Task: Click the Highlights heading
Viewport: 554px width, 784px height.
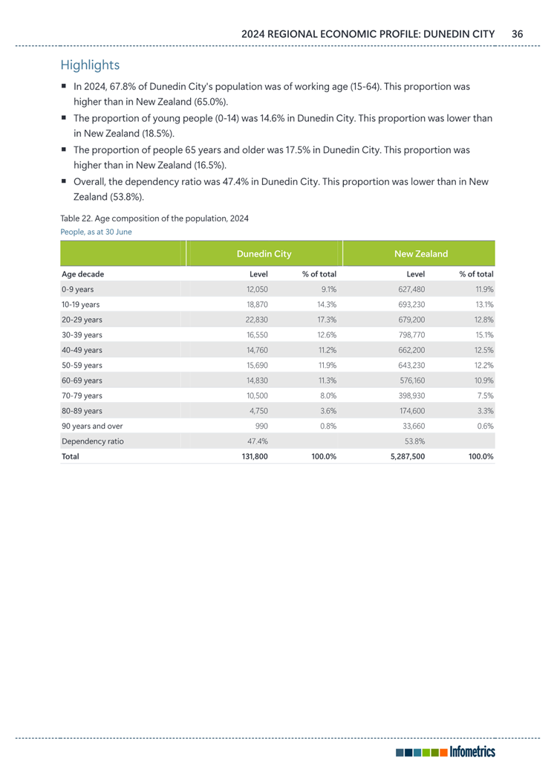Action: pyautogui.click(x=90, y=65)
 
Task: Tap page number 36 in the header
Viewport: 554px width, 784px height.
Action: pyautogui.click(x=517, y=33)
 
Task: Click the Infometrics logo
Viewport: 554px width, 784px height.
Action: pyautogui.click(x=446, y=752)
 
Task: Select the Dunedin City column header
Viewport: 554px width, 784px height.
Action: pyautogui.click(x=263, y=254)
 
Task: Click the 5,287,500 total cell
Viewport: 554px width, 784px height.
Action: pyautogui.click(x=408, y=457)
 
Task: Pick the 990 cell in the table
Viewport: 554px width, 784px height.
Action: pyautogui.click(x=261, y=426)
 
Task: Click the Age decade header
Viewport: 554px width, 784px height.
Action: pyautogui.click(x=82, y=274)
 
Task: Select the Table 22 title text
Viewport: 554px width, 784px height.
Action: pyautogui.click(x=154, y=218)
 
